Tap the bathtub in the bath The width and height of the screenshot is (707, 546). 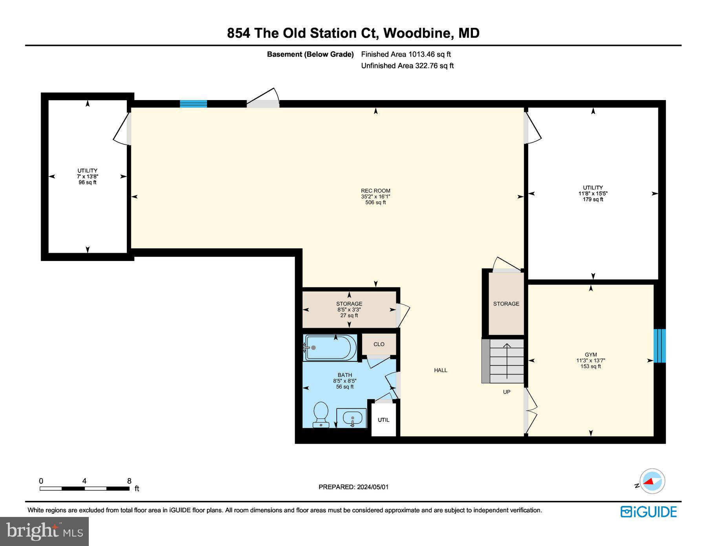pos(330,347)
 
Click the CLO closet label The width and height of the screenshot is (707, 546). pos(379,344)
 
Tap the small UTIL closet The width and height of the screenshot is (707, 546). pos(383,420)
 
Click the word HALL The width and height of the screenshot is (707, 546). pos(440,370)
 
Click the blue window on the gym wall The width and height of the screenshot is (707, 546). pos(659,346)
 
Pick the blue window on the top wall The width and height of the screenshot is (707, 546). pos(193,104)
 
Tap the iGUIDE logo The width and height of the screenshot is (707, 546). pos(648,512)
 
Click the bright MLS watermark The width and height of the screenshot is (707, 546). pos(44,531)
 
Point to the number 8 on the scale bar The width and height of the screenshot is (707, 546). pos(129,481)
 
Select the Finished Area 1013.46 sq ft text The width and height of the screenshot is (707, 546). pos(406,54)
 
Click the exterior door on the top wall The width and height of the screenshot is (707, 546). pos(263,101)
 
